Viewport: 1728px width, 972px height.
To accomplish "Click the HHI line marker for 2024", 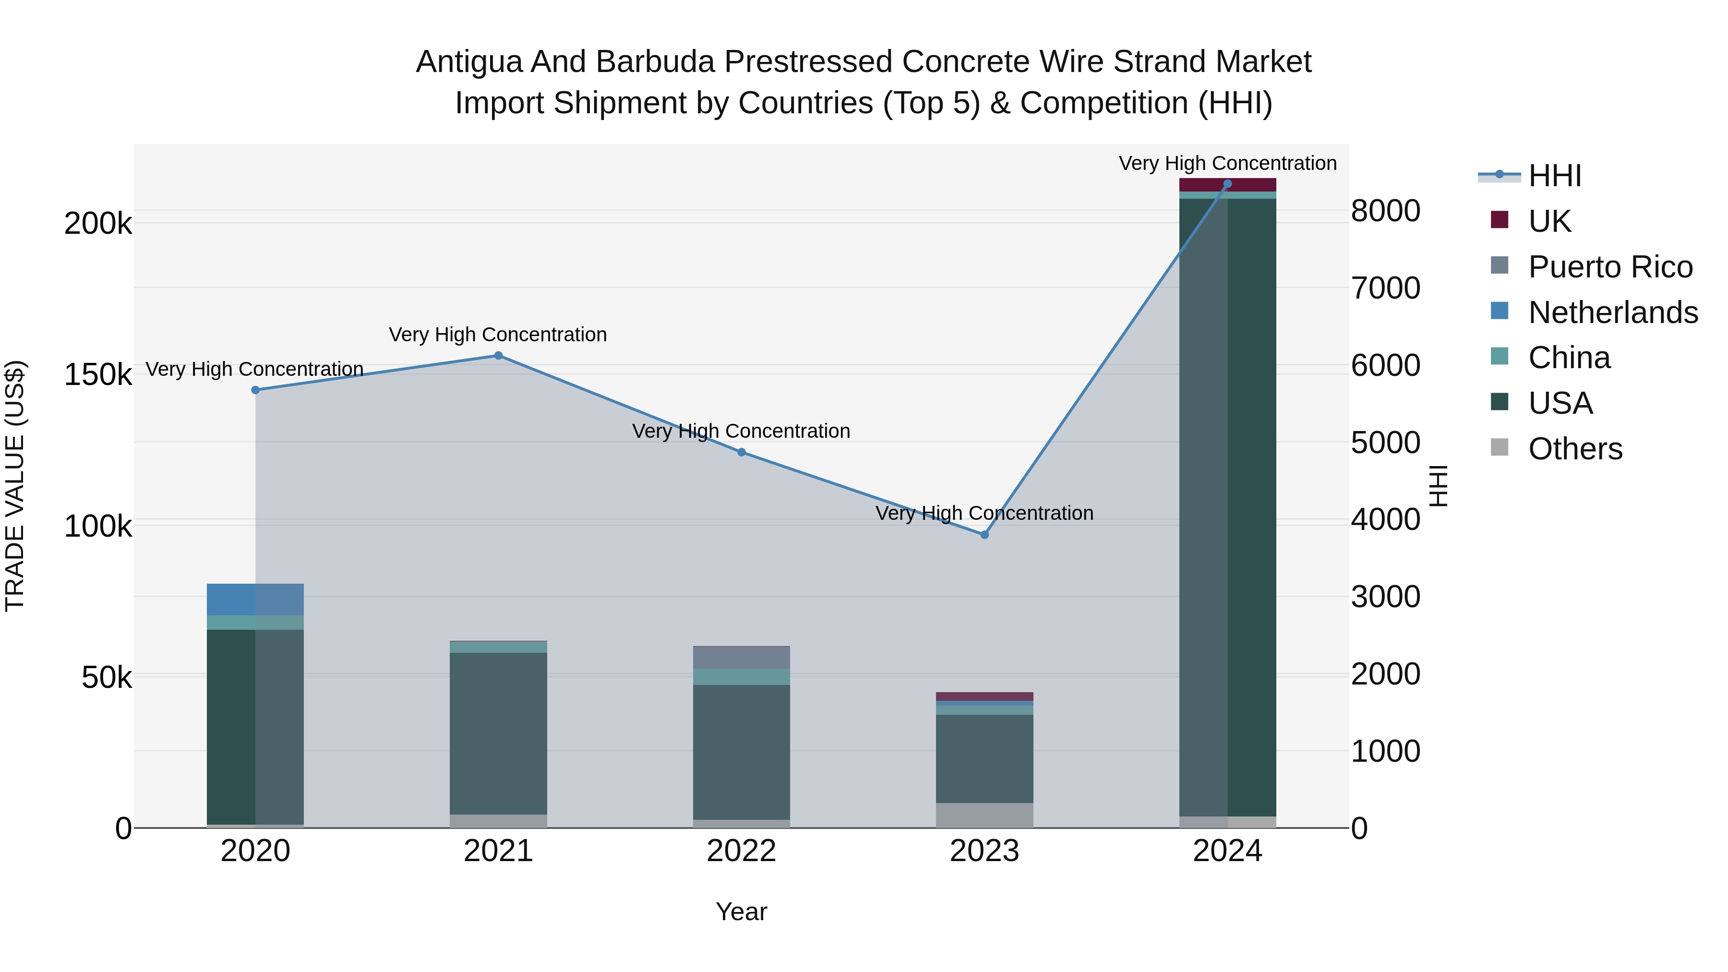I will [x=1227, y=184].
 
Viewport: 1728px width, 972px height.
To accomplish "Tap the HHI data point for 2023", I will [x=984, y=535].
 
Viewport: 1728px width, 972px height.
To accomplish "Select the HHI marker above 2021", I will [x=498, y=356].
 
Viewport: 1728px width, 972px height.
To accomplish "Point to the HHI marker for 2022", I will [x=741, y=452].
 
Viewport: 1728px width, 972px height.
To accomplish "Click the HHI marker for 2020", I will [x=255, y=390].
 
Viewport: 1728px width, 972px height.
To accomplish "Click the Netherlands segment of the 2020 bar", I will [x=255, y=599].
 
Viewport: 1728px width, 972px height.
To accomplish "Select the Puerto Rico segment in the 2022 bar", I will [x=741, y=658].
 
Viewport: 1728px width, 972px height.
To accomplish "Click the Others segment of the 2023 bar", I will [x=984, y=815].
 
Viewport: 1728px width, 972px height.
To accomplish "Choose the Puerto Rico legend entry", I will [x=1610, y=267].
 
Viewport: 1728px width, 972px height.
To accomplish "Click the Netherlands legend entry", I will [x=1613, y=312].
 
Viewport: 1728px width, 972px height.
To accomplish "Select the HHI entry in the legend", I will [x=1555, y=176].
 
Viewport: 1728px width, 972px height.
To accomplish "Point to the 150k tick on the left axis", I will [x=98, y=374].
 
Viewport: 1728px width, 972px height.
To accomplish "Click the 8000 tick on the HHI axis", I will [x=1385, y=211].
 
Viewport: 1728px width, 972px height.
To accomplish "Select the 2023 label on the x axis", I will [x=984, y=851].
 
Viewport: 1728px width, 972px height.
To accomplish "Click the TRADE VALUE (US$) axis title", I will [x=15, y=486].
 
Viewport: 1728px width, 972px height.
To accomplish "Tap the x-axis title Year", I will [x=741, y=912].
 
